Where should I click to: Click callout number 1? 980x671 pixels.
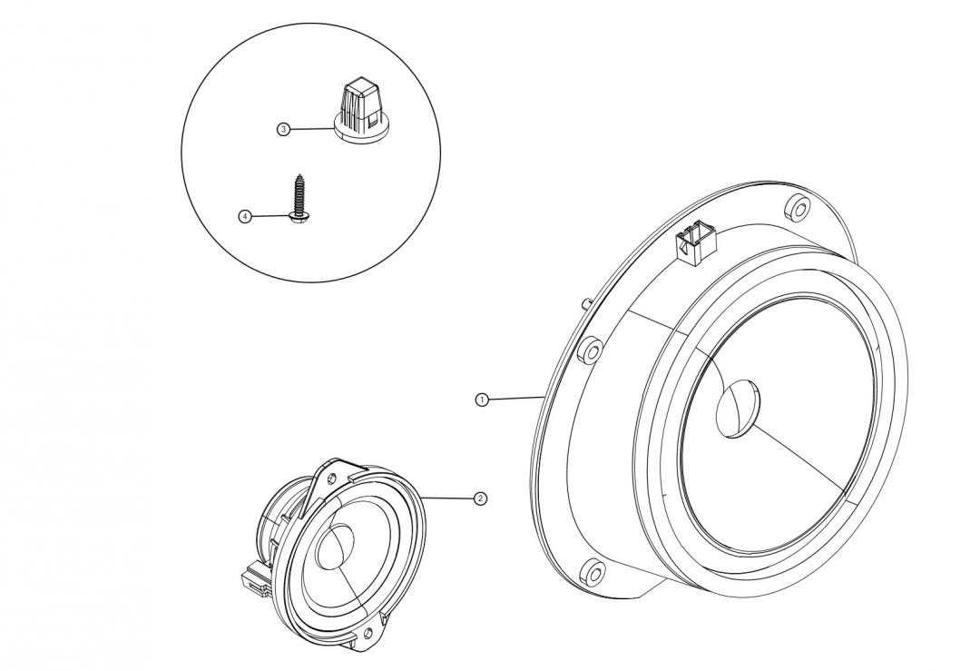click(483, 399)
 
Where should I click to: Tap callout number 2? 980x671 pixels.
click(480, 498)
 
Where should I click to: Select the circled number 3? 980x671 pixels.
click(283, 130)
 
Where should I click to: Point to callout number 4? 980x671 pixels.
click(244, 216)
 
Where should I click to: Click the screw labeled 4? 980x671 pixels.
click(299, 194)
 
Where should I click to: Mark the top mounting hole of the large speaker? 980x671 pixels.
click(796, 208)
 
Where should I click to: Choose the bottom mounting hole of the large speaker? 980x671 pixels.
click(593, 573)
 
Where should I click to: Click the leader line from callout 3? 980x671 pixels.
click(313, 130)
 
